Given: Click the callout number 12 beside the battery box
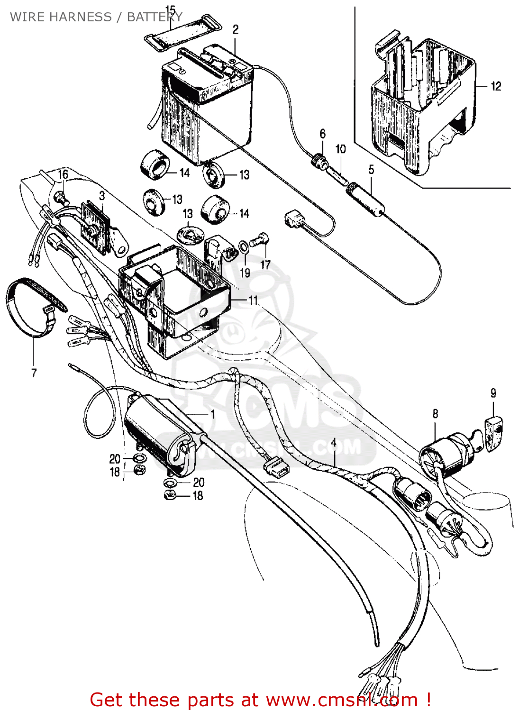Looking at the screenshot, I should pos(496,86).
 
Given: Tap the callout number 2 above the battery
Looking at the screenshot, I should pos(236,29).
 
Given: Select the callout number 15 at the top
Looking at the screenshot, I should pos(170,10).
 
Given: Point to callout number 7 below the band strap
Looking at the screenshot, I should pos(34,373).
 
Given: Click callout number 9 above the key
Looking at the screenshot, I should pos(493,393).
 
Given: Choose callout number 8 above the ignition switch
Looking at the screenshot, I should pos(435,414).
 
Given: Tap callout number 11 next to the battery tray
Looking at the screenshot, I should pos(253,300).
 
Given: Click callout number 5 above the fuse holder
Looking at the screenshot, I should pos(371,169).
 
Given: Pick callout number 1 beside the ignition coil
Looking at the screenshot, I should pos(213,414).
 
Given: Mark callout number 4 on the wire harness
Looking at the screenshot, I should pos(334,442).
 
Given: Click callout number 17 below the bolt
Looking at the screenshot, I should pos(265,265).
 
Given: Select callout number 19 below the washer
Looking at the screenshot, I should pos(245,273).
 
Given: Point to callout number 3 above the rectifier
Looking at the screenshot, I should pos(102,195).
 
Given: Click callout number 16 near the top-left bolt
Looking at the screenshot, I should pos(63,174).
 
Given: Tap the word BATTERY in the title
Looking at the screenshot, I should pos(155,17).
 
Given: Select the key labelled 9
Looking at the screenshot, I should pos(493,429).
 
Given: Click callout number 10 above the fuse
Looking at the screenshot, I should pos(341,149).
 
